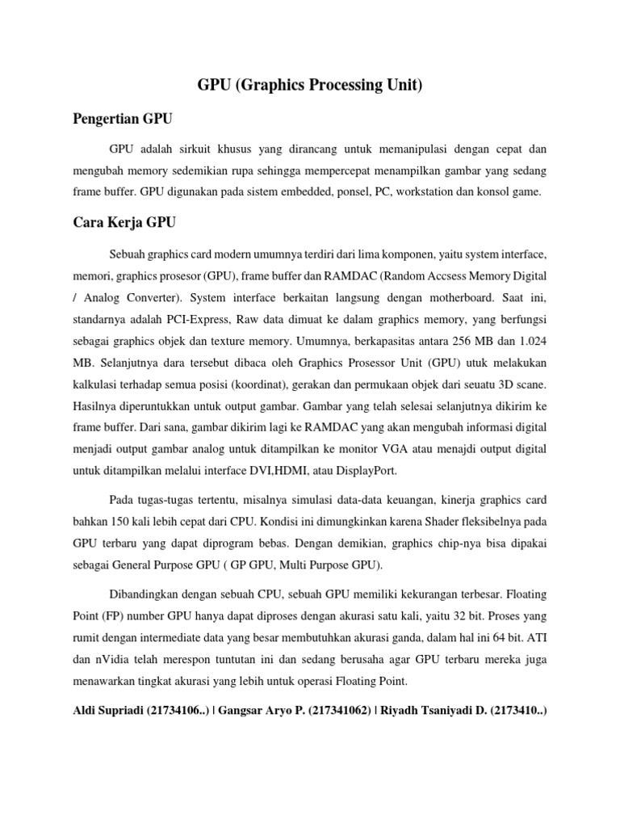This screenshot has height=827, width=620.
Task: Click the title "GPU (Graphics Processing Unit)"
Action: [x=310, y=86]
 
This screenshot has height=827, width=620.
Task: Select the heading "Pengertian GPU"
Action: [x=122, y=119]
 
